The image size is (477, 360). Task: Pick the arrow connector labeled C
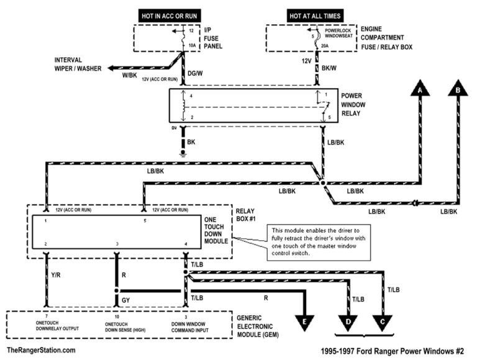(x=384, y=323)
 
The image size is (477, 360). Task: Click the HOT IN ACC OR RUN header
(x=168, y=15)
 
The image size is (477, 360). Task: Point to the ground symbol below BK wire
(x=183, y=152)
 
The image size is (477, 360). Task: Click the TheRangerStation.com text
(x=42, y=351)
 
